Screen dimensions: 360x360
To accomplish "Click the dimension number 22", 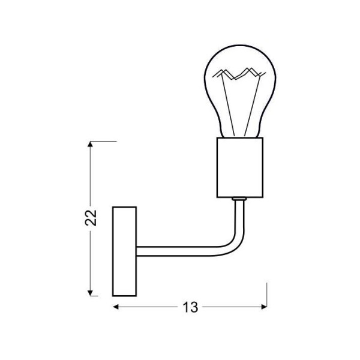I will pyautogui.click(x=91, y=218).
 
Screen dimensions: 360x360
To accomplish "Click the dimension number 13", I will pyautogui.click(x=190, y=307).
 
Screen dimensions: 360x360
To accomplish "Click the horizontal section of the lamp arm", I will pyautogui.click(x=180, y=247).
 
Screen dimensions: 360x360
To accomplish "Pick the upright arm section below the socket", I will pyautogui.click(x=240, y=216).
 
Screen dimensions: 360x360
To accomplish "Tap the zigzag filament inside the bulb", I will pyautogui.click(x=238, y=74).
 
